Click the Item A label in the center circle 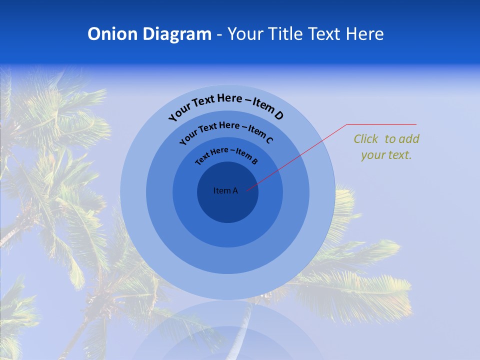(225, 190)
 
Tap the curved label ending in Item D (226, 106)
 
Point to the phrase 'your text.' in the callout (386, 155)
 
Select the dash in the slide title (219, 34)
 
